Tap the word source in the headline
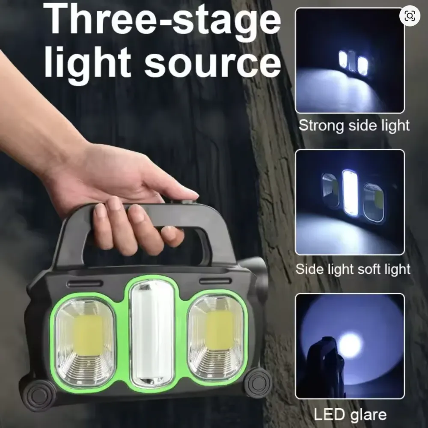(212, 63)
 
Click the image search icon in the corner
(410, 16)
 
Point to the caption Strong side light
(354, 125)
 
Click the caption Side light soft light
(353, 269)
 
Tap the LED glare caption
(350, 415)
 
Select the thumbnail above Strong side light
(350, 60)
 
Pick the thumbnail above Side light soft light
(350, 202)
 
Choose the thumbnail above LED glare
(350, 346)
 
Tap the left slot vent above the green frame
(85, 284)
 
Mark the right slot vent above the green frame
(215, 281)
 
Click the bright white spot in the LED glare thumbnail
(351, 345)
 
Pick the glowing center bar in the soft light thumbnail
(350, 193)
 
